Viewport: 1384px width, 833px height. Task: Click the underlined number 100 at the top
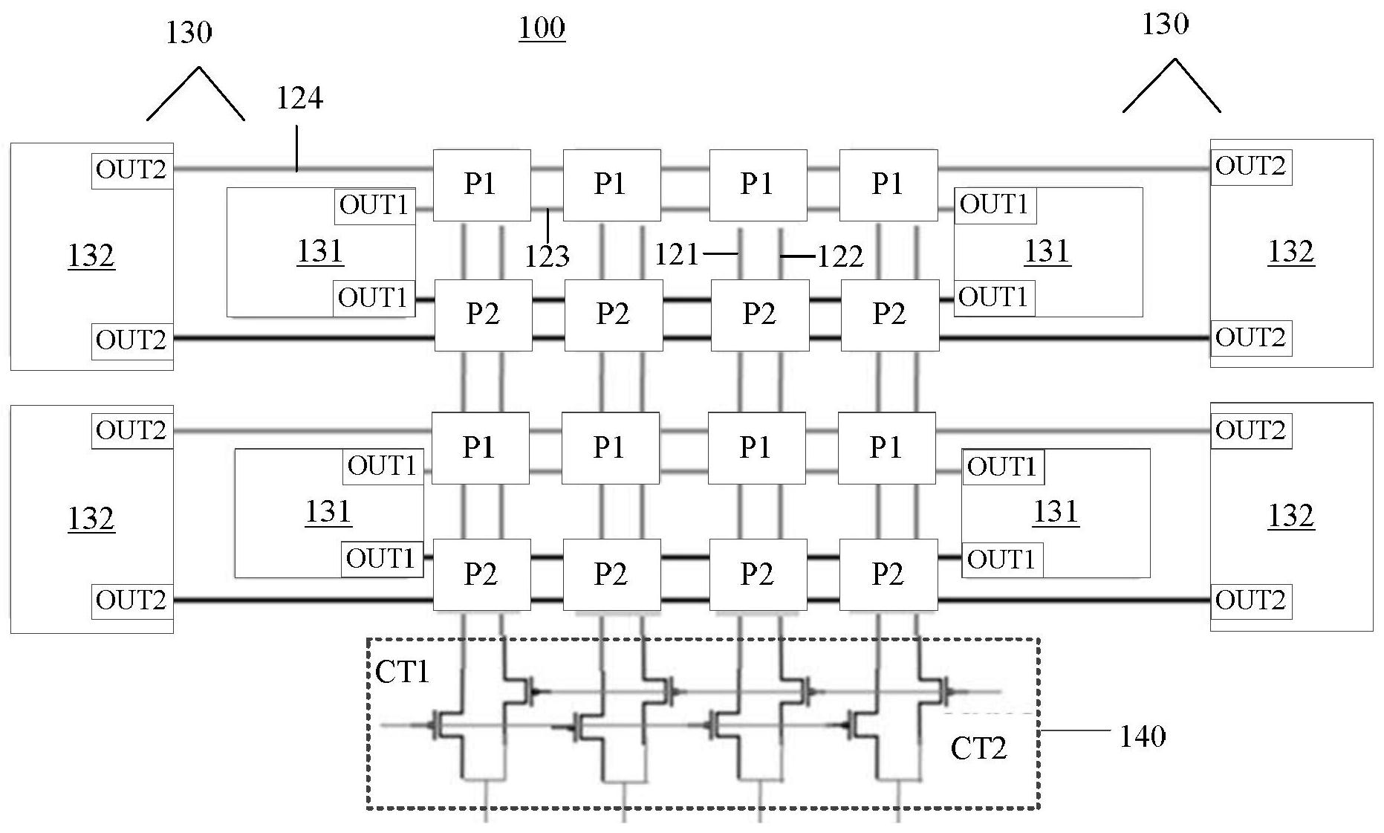click(542, 28)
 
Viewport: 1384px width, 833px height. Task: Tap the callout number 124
click(299, 98)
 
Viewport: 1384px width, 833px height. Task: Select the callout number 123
click(547, 256)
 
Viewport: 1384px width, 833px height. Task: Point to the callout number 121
click(676, 255)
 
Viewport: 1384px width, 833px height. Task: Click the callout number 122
click(840, 257)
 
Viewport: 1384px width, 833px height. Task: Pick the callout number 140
click(1142, 736)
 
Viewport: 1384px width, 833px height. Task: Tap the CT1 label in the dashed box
click(402, 672)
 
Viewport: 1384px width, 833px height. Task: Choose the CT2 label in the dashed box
click(978, 748)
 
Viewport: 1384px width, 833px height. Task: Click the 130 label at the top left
click(189, 33)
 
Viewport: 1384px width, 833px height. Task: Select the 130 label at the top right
click(1165, 25)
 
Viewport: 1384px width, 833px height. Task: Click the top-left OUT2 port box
click(131, 170)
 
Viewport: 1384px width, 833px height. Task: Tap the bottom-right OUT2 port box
click(1250, 600)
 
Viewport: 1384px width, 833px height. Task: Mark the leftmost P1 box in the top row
click(481, 184)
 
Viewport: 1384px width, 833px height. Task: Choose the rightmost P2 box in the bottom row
click(888, 574)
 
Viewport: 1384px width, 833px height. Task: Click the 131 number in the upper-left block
click(320, 251)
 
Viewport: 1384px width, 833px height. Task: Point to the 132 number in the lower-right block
click(1291, 516)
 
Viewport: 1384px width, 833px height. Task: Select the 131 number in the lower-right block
click(1056, 512)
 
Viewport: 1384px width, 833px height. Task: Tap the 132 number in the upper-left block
click(91, 256)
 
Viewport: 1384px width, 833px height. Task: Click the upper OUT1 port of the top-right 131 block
click(994, 204)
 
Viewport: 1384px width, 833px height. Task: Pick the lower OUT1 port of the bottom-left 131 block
click(381, 559)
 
